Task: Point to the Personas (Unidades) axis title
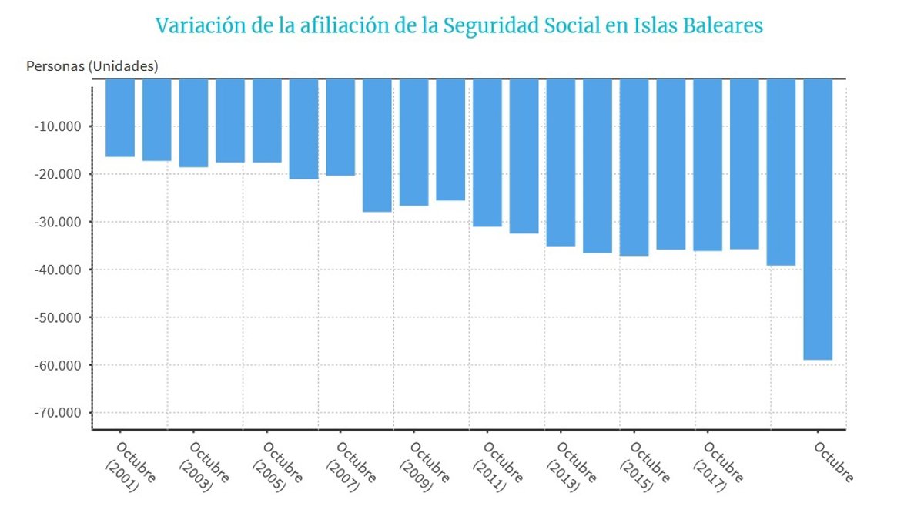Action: pos(92,66)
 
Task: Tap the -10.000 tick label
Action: pos(58,126)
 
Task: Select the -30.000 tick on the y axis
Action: pos(58,222)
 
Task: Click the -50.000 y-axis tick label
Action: pos(58,317)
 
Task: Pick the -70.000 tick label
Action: pos(58,412)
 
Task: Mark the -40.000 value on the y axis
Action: pos(58,270)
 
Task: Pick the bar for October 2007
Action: pos(340,127)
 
